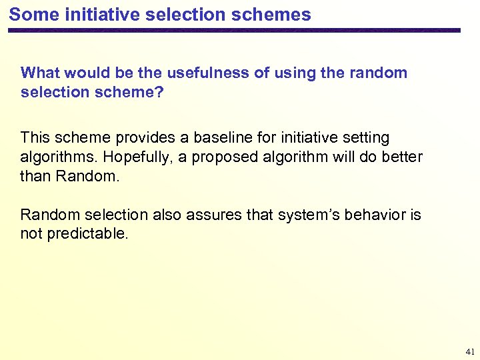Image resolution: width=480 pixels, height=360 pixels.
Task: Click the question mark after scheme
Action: coord(159,92)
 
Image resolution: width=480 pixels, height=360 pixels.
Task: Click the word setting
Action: coord(365,138)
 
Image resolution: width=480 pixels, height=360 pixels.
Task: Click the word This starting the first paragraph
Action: coord(35,138)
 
